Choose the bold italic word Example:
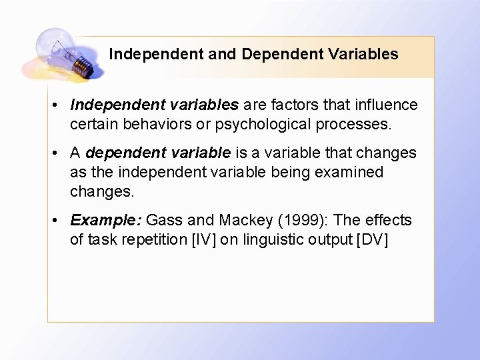pos(105,220)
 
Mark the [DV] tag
pos(373,239)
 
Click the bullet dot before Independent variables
pos(59,105)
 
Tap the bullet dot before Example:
pos(59,221)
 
